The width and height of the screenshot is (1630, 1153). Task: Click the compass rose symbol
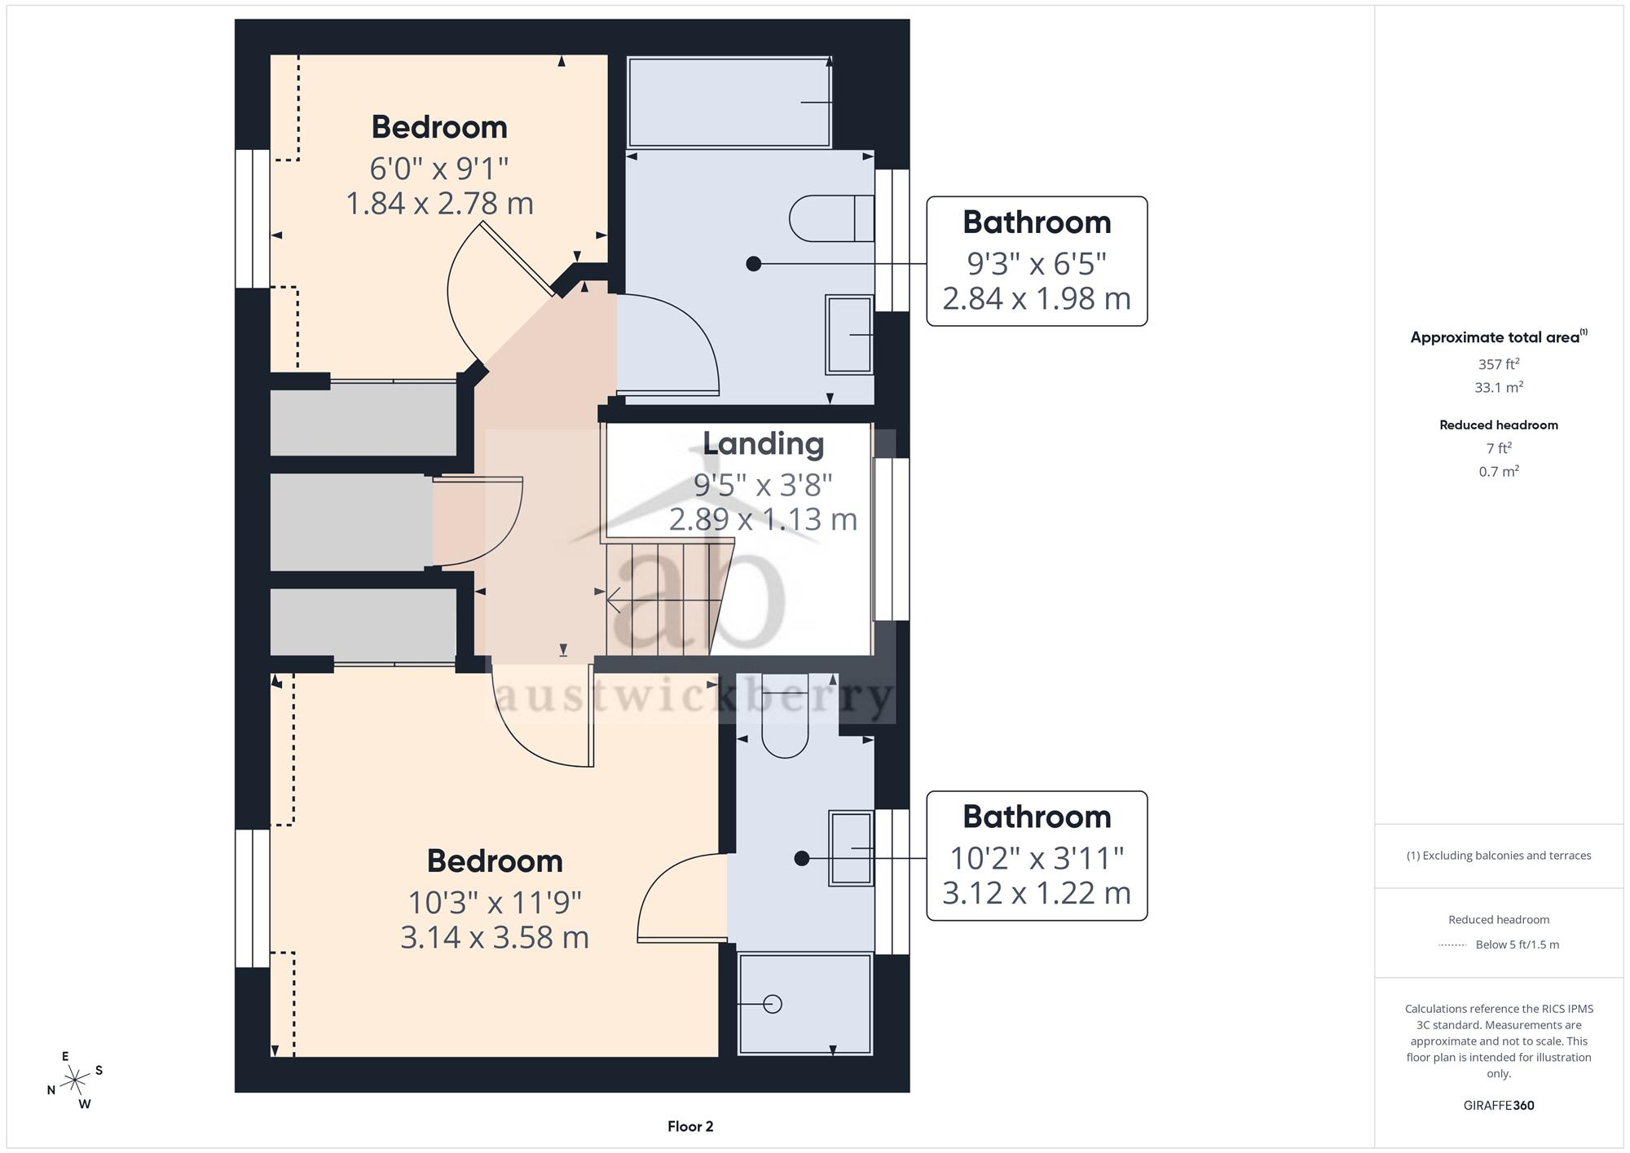click(75, 1080)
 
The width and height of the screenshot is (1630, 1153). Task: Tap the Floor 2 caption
click(690, 1126)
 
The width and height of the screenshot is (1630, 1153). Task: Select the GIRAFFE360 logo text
click(1499, 1105)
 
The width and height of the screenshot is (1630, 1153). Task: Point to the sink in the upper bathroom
click(849, 334)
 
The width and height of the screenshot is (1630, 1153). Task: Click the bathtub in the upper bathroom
click(729, 102)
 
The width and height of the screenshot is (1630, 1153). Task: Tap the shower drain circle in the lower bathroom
click(773, 1004)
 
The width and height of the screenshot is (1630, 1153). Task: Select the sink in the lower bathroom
click(851, 848)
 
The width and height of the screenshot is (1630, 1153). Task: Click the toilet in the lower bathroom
click(785, 715)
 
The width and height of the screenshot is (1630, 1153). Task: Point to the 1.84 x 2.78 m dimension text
click(439, 203)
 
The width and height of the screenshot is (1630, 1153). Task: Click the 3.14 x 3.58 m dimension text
click(495, 937)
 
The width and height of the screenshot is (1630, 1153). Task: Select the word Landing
click(764, 444)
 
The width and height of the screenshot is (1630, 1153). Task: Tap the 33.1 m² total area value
click(1499, 387)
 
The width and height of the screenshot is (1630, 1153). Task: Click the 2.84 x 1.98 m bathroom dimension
click(1037, 298)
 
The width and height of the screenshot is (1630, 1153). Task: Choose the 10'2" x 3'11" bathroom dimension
click(1037, 858)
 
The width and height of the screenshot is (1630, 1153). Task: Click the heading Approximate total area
click(1499, 337)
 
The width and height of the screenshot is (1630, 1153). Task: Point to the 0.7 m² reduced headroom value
click(1499, 471)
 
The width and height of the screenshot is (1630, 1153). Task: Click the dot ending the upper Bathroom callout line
click(754, 263)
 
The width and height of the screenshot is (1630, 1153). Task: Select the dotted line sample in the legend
click(1452, 945)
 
